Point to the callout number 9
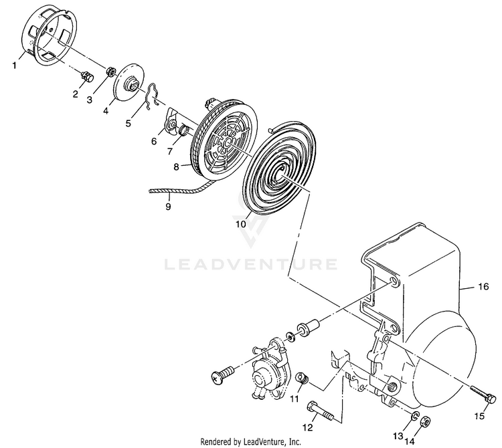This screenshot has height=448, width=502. click(x=168, y=207)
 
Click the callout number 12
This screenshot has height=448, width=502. click(x=309, y=427)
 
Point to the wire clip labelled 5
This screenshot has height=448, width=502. click(x=153, y=94)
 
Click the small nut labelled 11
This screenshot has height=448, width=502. click(x=302, y=380)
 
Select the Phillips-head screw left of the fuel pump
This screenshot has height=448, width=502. click(x=223, y=373)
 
